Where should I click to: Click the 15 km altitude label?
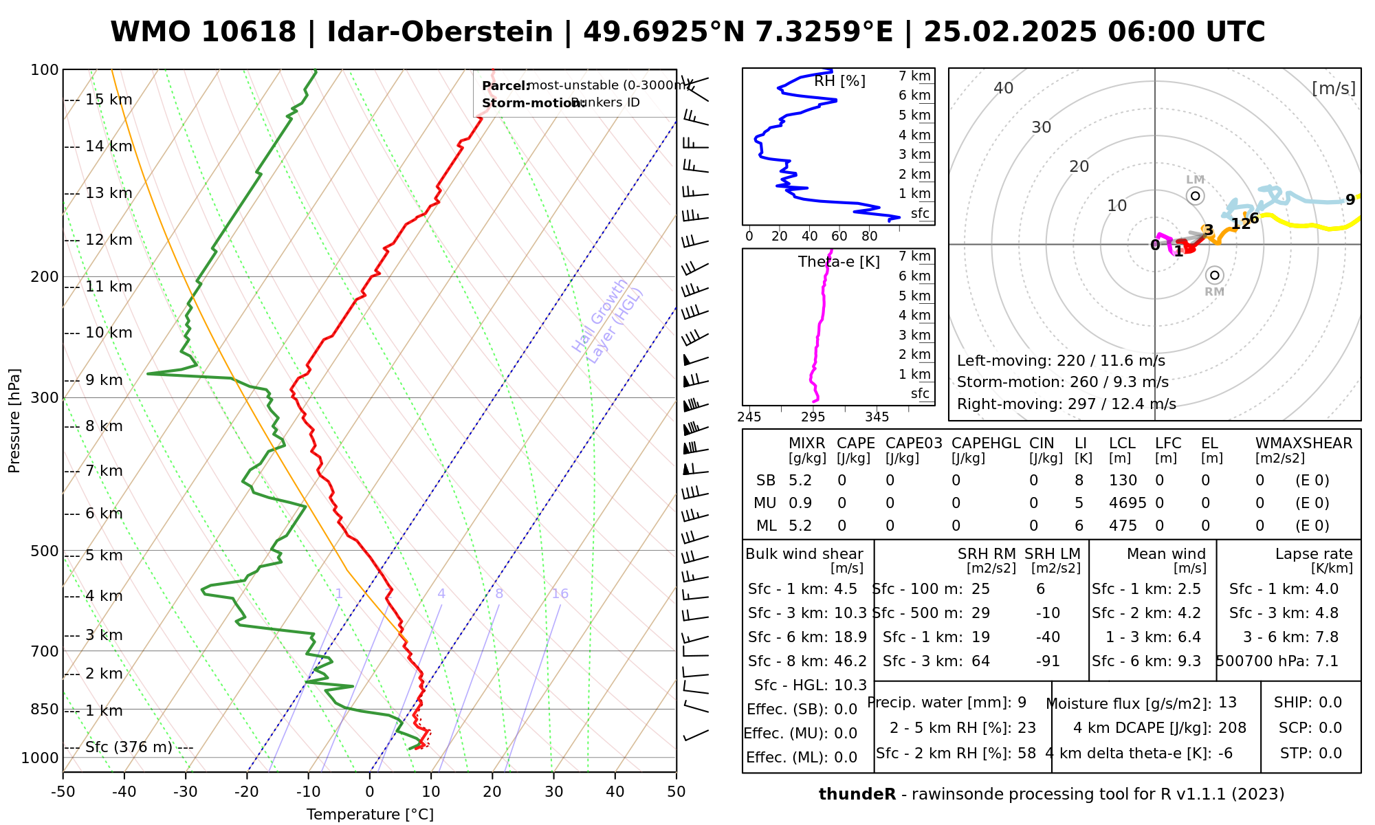coord(109,100)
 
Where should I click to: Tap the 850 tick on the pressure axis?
coord(45,709)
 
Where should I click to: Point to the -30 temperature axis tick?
coord(186,792)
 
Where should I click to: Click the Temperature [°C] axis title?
coord(370,815)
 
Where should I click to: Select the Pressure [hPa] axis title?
coord(14,421)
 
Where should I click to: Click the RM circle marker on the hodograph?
coord(1215,275)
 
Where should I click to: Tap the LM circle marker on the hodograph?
coord(1196,196)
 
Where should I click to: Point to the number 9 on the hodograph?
coord(1350,200)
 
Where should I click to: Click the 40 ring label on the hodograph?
coord(1004,88)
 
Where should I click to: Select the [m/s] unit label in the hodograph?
coord(1334,88)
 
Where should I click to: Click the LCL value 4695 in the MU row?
coord(1127,503)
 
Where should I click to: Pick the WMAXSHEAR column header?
coord(1303,443)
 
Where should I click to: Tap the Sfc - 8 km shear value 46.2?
coord(850,661)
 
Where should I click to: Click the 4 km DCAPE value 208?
coord(1232,728)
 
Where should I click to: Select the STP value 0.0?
coord(1330,753)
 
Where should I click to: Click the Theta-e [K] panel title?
coord(839,262)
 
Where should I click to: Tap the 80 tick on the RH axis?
coord(870,236)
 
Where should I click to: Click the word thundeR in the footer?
coord(857,795)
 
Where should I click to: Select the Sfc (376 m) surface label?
coord(129,747)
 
